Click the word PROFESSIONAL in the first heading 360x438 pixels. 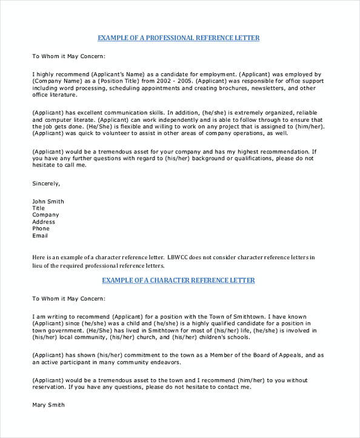coord(168,38)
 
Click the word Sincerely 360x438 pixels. coord(45,182)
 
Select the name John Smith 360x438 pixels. coord(47,201)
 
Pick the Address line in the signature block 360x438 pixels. coord(43,222)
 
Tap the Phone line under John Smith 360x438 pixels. coord(41,228)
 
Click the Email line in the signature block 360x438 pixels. coord(39,236)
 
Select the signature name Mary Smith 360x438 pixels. coord(48,404)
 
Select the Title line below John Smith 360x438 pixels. coord(39,208)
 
